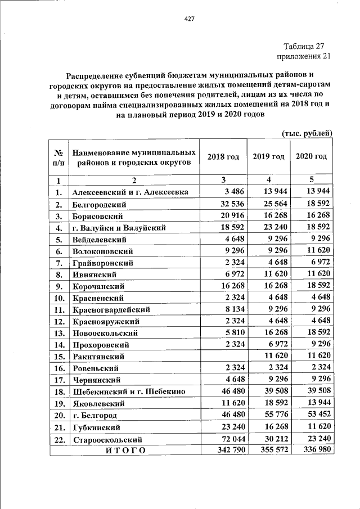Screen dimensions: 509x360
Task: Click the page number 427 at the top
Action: tap(190, 19)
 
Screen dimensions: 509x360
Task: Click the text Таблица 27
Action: tap(304, 46)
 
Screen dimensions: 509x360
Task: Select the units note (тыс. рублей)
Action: tap(307, 133)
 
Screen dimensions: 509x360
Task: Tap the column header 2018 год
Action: tap(223, 156)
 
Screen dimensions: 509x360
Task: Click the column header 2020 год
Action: tap(311, 156)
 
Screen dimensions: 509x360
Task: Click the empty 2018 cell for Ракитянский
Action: tap(223, 357)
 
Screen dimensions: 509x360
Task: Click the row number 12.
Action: tap(58, 321)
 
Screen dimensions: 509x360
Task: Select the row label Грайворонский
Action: tap(102, 263)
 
